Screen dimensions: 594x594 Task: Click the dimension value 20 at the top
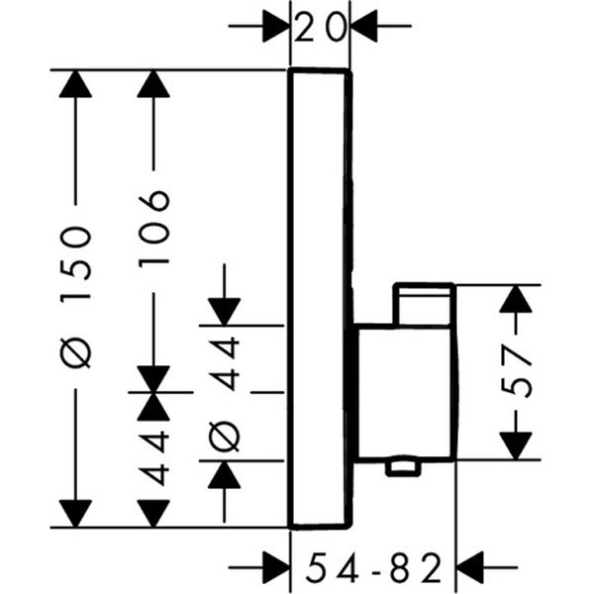click(320, 28)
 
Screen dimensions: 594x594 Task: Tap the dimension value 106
click(154, 227)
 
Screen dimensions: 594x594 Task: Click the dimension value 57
click(521, 371)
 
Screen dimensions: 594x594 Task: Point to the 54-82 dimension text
click(371, 568)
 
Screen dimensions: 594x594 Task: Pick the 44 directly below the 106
click(154, 455)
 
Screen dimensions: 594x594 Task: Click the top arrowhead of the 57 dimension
click(516, 300)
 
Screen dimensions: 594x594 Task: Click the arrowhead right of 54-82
click(469, 568)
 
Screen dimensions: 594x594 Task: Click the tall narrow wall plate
click(320, 297)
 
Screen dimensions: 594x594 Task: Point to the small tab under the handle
click(404, 465)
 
